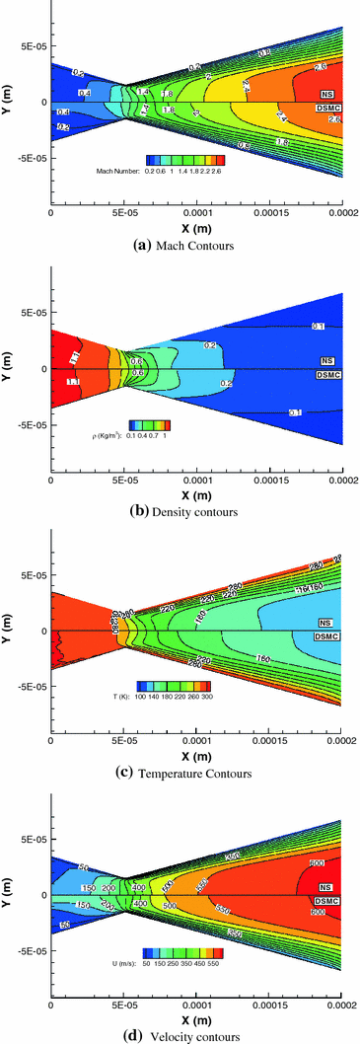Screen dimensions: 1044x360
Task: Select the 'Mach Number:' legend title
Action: [x=116, y=170]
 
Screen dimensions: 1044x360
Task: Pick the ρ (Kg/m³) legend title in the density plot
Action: [x=110, y=435]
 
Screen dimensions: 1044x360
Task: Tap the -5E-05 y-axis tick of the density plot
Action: [x=23, y=425]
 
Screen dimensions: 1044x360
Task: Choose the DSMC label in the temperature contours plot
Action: [x=328, y=637]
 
